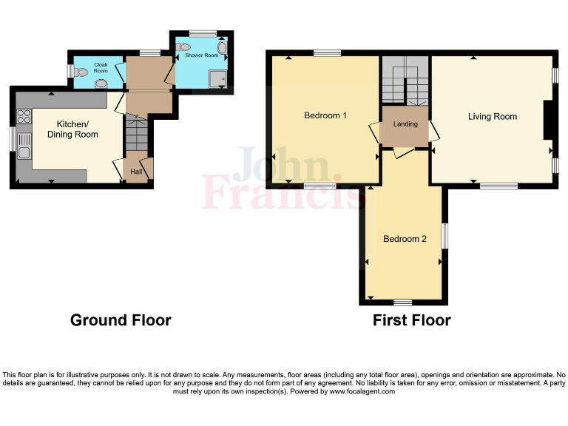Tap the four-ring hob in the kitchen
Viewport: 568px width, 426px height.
pos(24,116)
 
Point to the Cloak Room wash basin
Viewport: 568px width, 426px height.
pos(101,84)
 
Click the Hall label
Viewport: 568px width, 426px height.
pos(136,172)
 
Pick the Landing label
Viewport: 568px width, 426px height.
pos(405,124)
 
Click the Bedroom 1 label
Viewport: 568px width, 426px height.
pos(325,115)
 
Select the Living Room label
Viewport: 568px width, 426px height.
pos(492,116)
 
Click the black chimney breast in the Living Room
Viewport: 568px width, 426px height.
pos(548,120)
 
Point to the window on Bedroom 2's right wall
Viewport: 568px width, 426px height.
pos(444,237)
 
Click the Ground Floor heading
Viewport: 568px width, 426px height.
pos(121,320)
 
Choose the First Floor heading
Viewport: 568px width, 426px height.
pos(411,320)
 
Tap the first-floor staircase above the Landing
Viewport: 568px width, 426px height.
pos(405,81)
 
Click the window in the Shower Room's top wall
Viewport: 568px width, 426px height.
pos(202,33)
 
